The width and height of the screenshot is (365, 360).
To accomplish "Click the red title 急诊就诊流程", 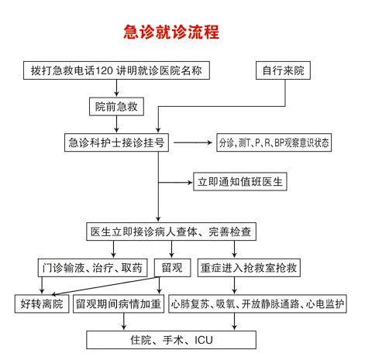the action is tap(171, 32).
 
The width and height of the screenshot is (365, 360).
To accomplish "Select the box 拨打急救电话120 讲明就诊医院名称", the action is tap(116, 70).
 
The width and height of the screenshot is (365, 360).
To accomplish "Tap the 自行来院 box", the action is tap(283, 70).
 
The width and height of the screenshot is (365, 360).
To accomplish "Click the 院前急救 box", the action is tap(116, 107).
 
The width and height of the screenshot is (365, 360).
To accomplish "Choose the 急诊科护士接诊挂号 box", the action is tap(116, 142).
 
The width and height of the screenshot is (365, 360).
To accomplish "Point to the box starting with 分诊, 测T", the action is tap(274, 142).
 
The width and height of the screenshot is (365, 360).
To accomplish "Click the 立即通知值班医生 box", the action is tap(240, 182).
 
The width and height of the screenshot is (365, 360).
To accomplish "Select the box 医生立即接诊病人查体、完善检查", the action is tap(171, 231).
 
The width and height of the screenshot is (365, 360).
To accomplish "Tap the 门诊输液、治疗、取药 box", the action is tap(93, 268).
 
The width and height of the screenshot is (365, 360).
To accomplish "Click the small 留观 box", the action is tap(172, 268).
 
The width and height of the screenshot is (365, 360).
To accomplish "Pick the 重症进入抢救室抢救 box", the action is tap(249, 268).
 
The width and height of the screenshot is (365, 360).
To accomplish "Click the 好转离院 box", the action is tap(42, 303).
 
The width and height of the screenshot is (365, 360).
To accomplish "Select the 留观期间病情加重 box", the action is tap(119, 303).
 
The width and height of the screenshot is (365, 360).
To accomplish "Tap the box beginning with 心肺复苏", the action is tap(257, 303).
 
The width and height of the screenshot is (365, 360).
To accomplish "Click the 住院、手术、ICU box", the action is tap(171, 340).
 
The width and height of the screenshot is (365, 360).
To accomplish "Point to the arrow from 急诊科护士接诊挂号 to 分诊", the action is tap(193, 142).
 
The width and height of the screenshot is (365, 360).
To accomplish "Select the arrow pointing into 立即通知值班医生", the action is tap(175, 183).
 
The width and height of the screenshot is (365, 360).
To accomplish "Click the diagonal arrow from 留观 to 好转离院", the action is tap(105, 286).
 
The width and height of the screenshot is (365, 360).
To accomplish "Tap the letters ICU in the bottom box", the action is tap(204, 340).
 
